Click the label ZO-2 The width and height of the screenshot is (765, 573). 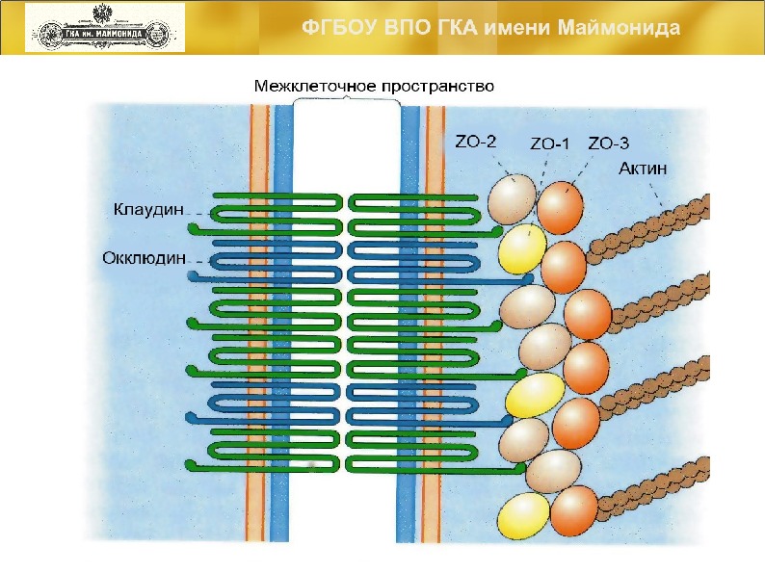pos(475,143)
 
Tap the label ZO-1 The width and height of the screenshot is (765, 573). pos(550,144)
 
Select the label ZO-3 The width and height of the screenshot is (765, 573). pos(608,144)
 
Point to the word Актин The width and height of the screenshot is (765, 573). pos(643,169)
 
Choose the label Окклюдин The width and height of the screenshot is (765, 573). pos(146,258)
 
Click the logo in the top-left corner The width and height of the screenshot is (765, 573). pos(104,27)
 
